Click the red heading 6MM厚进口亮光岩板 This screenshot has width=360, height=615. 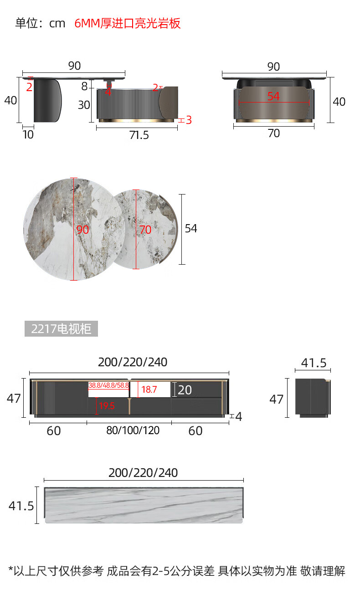pos(128,23)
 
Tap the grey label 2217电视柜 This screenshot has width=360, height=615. pos(61,328)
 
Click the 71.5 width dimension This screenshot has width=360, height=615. pos(139,135)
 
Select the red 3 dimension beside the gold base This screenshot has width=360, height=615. pos(189,120)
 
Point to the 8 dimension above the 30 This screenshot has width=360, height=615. pos(84,87)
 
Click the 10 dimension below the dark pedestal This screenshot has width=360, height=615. pos(28,134)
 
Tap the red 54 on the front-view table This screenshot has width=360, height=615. pos(273,97)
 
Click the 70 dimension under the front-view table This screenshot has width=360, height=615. pos(274,133)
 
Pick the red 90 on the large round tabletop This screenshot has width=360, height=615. pos(82,230)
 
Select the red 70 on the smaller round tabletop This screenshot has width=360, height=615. pos(145,230)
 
